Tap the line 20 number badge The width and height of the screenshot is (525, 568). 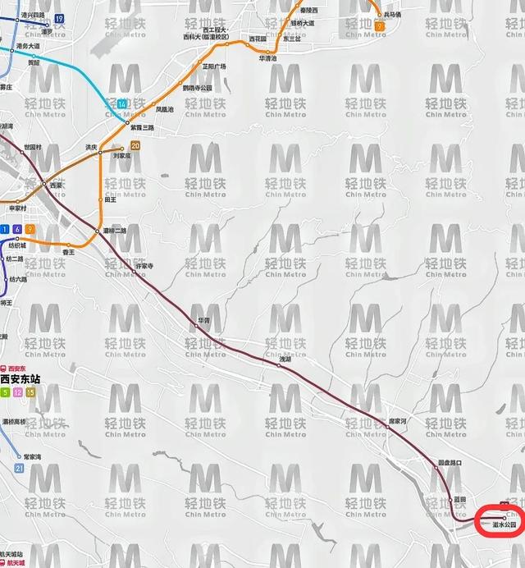click(x=135, y=146)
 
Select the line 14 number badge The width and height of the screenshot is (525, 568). click(x=122, y=104)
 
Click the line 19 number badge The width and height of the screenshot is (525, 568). click(x=59, y=19)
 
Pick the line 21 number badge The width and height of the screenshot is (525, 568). click(x=19, y=468)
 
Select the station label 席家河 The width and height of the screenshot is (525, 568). click(x=397, y=421)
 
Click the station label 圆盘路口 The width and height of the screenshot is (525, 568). click(x=452, y=461)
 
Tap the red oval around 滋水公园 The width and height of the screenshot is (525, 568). click(x=500, y=520)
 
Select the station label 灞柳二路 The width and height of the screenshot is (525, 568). click(x=116, y=231)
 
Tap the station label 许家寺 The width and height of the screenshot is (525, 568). click(x=144, y=265)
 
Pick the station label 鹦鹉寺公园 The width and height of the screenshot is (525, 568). click(x=197, y=88)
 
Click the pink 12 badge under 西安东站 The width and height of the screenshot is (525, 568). click(x=17, y=392)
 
